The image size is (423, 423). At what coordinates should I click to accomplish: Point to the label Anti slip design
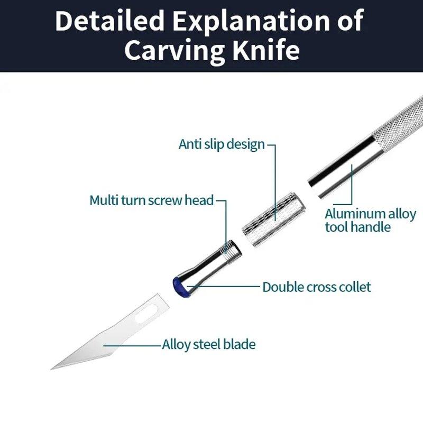pyautogui.click(x=222, y=144)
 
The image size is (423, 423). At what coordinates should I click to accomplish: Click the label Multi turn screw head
pyautogui.click(x=152, y=200)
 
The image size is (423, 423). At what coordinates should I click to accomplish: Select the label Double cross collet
pyautogui.click(x=317, y=287)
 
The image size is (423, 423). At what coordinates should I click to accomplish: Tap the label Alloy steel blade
pyautogui.click(x=209, y=345)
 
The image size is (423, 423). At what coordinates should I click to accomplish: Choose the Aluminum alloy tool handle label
pyautogui.click(x=370, y=220)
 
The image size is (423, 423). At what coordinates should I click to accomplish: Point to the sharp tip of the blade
pyautogui.click(x=53, y=367)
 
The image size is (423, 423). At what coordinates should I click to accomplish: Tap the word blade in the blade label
pyautogui.click(x=241, y=345)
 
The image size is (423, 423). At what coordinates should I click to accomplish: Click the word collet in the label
pyautogui.click(x=354, y=287)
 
